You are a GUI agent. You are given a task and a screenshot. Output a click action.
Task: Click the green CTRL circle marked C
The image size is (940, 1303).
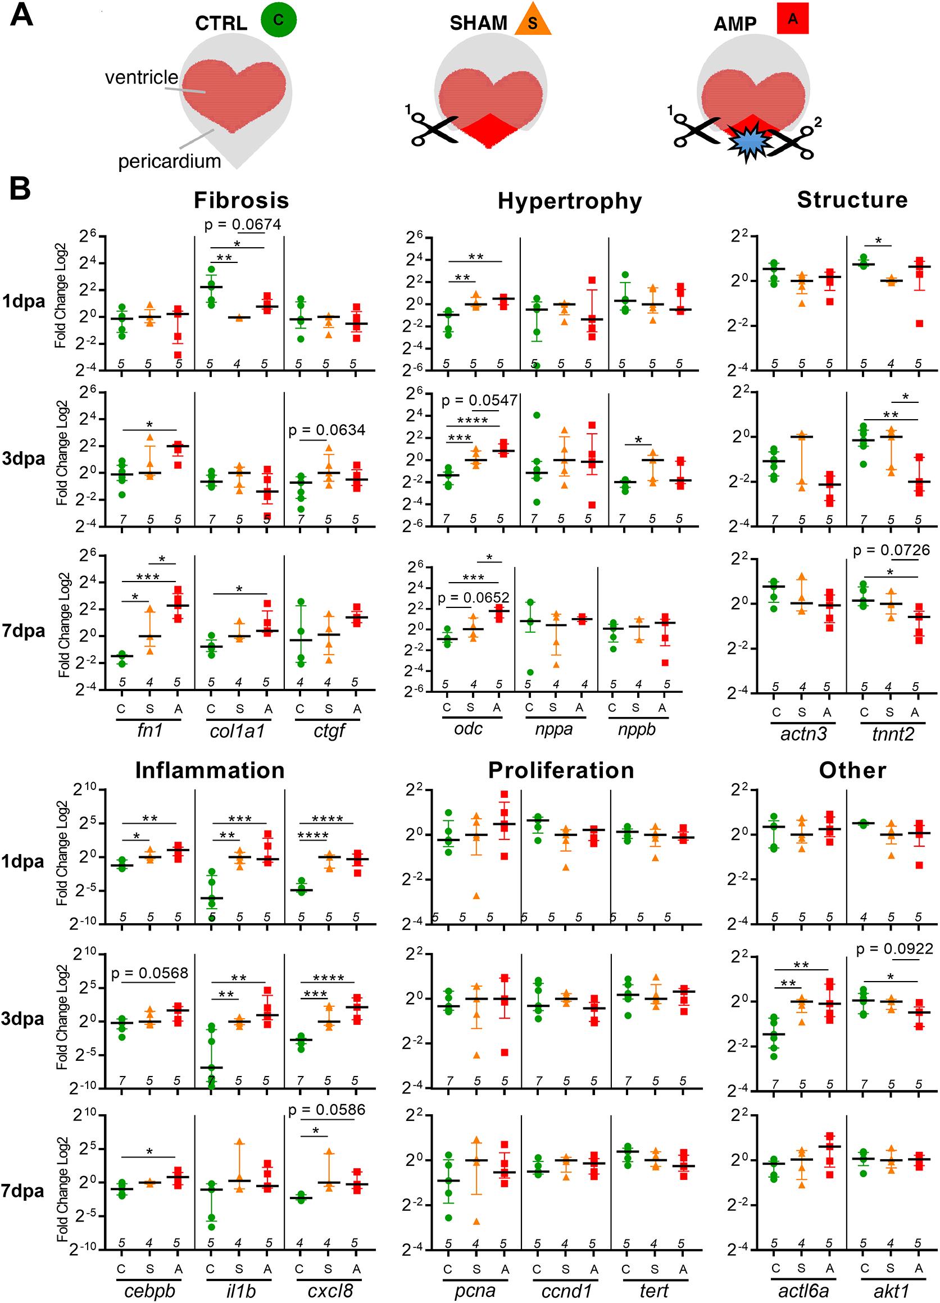[278, 20]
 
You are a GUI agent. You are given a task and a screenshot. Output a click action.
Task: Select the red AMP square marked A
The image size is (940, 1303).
[792, 20]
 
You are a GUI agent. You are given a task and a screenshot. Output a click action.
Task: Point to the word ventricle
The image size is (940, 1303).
[142, 77]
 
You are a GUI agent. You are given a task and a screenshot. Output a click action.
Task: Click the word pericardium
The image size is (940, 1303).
[170, 161]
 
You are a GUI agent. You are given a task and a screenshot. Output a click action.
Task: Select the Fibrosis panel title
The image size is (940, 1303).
[240, 200]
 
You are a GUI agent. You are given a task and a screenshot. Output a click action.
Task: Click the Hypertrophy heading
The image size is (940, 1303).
[569, 201]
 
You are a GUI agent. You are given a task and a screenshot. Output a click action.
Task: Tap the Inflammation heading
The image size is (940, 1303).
[210, 770]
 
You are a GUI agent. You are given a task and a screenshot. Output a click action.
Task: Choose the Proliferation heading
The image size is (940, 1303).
[561, 770]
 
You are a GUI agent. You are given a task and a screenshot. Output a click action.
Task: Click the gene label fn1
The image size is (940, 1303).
[150, 730]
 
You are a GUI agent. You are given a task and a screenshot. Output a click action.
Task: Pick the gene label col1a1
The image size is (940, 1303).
[237, 730]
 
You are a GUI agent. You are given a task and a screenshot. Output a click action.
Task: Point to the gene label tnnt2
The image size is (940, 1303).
[892, 734]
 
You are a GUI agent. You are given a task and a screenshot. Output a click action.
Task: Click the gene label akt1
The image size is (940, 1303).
[891, 1291]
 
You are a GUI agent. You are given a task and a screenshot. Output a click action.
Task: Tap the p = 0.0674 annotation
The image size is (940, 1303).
[243, 224]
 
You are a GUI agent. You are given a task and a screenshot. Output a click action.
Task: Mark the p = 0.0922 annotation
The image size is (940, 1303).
[894, 949]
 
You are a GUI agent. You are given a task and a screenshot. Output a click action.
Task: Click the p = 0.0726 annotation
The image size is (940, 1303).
[891, 551]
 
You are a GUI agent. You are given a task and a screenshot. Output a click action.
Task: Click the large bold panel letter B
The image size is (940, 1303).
[20, 188]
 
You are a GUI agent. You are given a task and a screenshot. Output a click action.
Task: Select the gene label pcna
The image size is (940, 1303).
[475, 1291]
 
